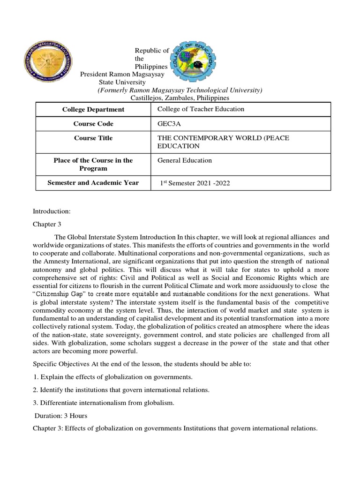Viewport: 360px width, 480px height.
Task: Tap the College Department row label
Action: tap(93, 109)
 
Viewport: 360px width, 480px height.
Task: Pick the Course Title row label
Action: tap(93, 138)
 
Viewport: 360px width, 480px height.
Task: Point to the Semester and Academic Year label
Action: tap(93, 183)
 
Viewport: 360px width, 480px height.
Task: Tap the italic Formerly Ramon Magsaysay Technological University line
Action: tap(180, 90)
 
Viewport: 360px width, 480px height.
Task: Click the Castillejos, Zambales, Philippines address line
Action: tap(179, 98)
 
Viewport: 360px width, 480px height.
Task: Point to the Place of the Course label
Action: tap(93, 164)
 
